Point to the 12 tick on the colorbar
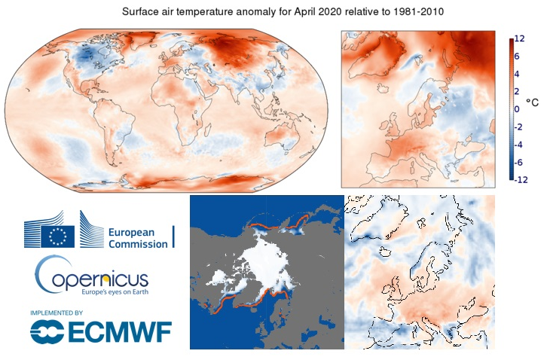519,39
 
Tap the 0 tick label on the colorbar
517,109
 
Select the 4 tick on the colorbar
518,74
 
